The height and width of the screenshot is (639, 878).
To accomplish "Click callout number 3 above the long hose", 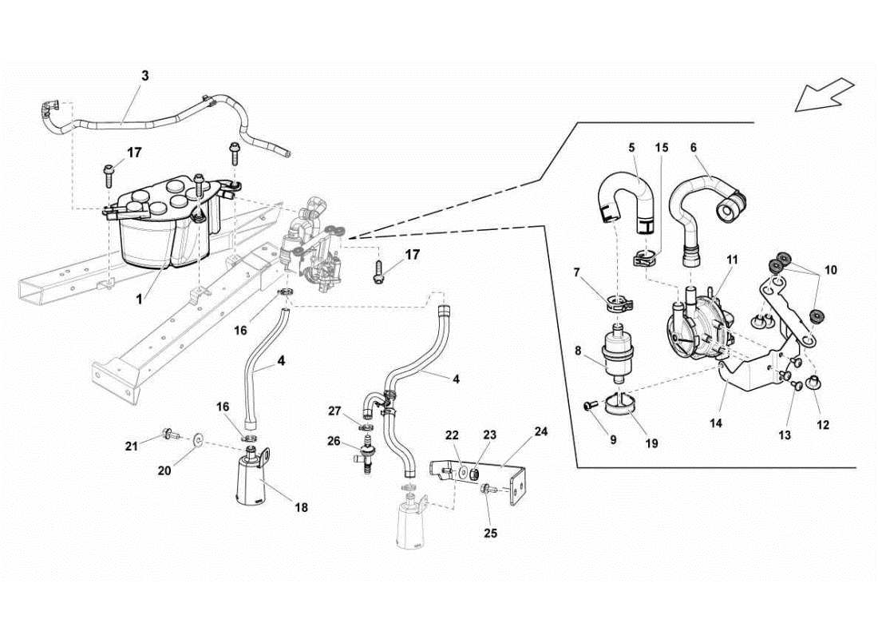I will (x=144, y=77).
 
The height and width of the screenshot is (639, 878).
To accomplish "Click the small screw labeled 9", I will (x=589, y=407).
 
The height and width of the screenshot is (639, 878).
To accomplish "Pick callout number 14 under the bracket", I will (x=716, y=423).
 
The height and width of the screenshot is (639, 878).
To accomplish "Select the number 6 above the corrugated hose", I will (x=693, y=148).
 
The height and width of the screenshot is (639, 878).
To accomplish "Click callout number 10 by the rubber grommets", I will (x=831, y=270).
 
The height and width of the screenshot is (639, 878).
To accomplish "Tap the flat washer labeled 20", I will (x=197, y=439).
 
